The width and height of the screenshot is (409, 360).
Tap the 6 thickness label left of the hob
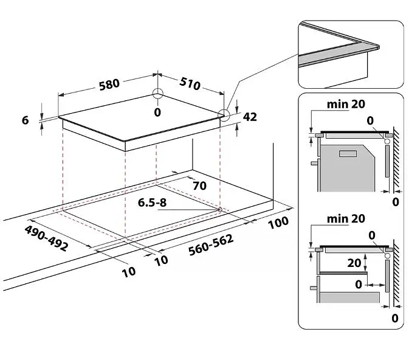tap(25, 120)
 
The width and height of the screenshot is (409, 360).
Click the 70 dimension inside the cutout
tap(199, 185)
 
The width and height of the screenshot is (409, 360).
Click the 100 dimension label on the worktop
tap(278, 222)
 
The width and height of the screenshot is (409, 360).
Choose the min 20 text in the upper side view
tap(346, 104)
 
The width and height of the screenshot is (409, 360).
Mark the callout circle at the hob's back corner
tap(158, 94)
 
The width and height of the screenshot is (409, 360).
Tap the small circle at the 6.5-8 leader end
tap(219, 209)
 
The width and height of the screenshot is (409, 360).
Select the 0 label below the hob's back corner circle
tap(158, 112)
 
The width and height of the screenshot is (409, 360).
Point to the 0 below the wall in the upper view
tap(396, 201)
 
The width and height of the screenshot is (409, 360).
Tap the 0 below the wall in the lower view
tap(396, 317)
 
